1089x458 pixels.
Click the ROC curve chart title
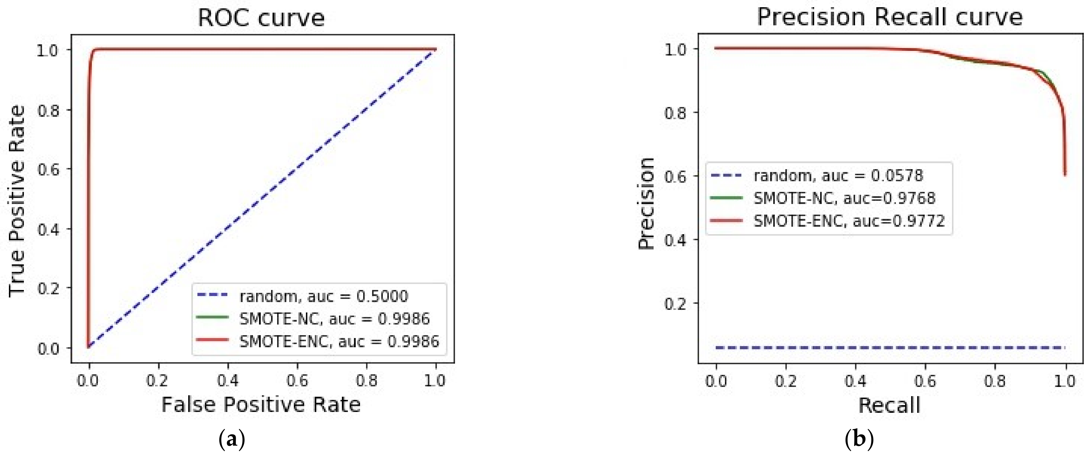[261, 18]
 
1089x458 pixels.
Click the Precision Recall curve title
[890, 18]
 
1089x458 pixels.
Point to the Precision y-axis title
[646, 204]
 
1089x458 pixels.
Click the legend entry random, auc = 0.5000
[323, 296]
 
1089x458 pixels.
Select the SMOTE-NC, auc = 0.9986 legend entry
[334, 318]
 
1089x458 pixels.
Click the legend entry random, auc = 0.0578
[838, 175]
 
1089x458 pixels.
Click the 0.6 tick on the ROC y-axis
[49, 169]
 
